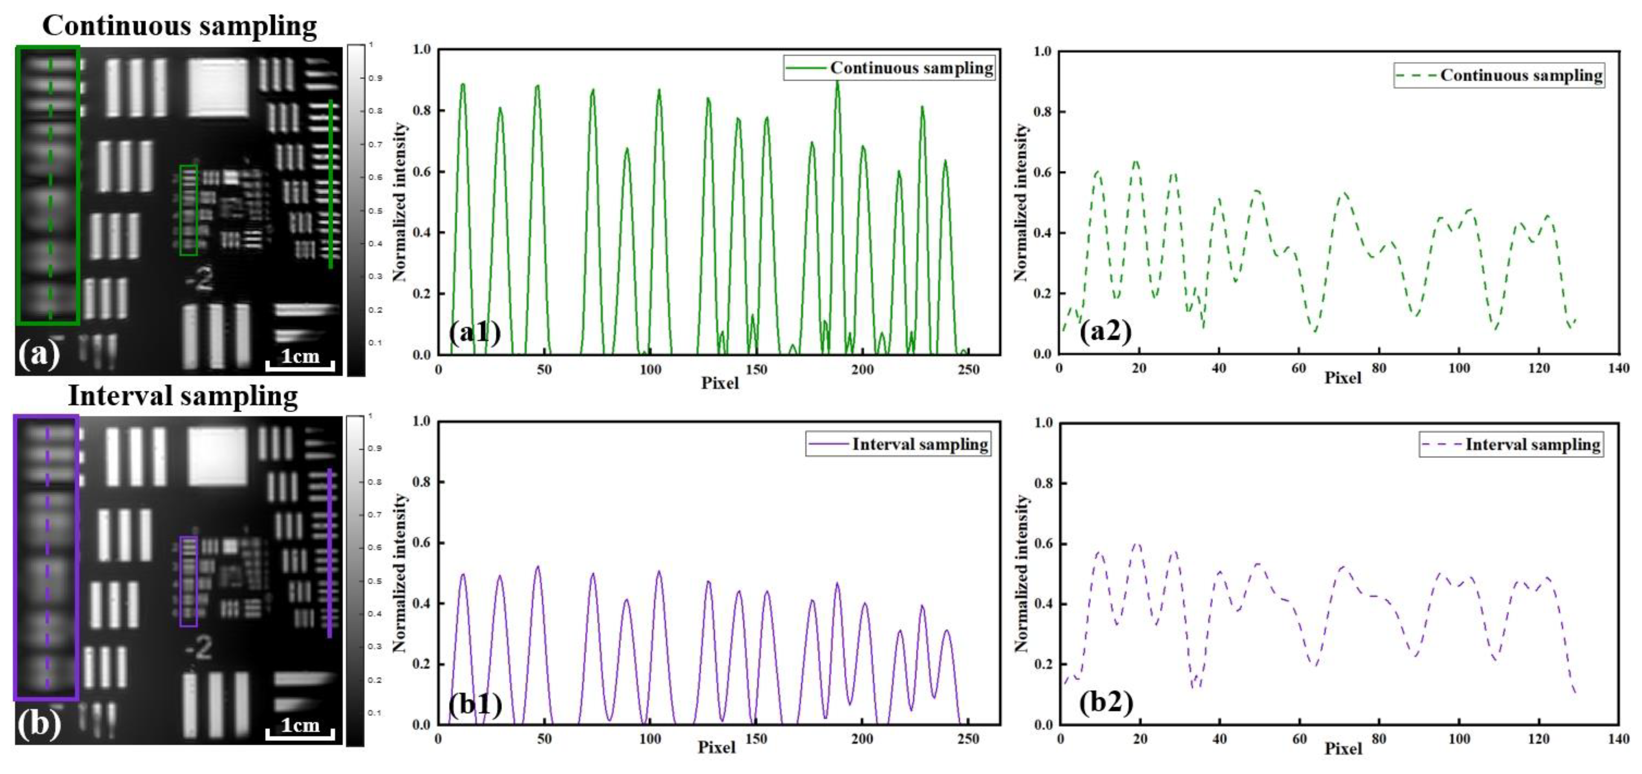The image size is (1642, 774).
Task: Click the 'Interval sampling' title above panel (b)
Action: pyautogui.click(x=183, y=395)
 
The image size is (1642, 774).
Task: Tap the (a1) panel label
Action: pyautogui.click(x=474, y=331)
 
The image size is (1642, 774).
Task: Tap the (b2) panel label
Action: pyautogui.click(x=1106, y=702)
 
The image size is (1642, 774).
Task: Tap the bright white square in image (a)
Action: pyautogui.click(x=218, y=88)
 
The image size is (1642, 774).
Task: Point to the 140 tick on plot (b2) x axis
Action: pyautogui.click(x=1618, y=739)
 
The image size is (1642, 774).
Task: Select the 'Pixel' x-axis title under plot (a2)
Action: pyautogui.click(x=1342, y=377)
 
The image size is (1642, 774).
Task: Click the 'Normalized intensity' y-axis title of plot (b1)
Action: pyautogui.click(x=400, y=573)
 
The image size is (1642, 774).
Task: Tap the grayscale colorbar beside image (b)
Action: pyautogui.click(x=355, y=580)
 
